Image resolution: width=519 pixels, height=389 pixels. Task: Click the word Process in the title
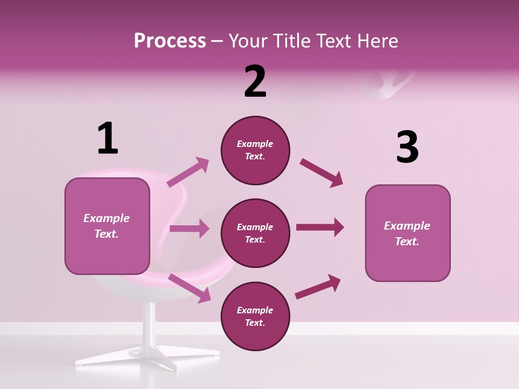coord(170,41)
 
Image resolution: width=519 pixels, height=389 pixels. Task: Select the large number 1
coord(108,139)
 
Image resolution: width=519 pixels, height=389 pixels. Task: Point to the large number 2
coord(255,82)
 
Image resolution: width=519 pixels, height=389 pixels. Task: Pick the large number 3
coord(407,147)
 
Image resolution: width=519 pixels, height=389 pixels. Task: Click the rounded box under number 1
coord(107,226)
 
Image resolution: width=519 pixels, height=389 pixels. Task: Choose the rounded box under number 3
coord(408,233)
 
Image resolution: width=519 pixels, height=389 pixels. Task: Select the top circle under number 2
coord(255,150)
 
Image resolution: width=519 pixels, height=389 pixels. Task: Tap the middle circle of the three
coord(255,233)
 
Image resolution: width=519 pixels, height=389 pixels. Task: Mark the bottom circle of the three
coord(255,317)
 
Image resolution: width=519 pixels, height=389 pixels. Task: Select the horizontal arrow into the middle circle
coord(189,229)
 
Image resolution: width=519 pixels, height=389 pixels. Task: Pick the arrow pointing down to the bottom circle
coord(190,288)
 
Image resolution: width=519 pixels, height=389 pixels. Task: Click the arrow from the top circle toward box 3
coord(321,172)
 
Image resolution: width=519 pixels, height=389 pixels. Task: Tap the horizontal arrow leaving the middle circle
coord(320,227)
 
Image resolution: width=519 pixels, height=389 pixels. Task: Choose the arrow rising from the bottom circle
coord(318,286)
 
